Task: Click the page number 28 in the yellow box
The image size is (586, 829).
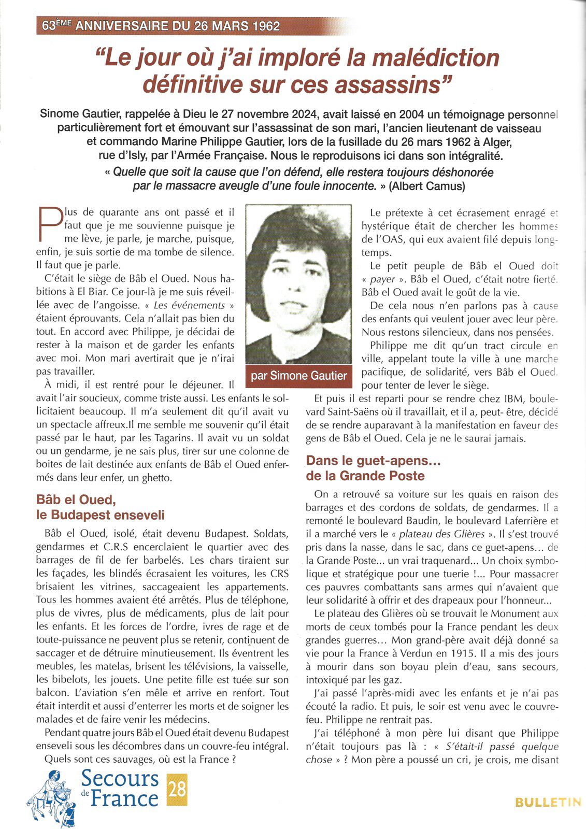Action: [177, 789]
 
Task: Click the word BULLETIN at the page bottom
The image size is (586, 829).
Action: [548, 803]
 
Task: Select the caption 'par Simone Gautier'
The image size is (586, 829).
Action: [298, 376]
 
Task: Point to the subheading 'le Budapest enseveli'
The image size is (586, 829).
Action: [101, 515]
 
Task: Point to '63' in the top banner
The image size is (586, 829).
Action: [49, 26]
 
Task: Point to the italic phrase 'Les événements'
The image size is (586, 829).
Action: [190, 305]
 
